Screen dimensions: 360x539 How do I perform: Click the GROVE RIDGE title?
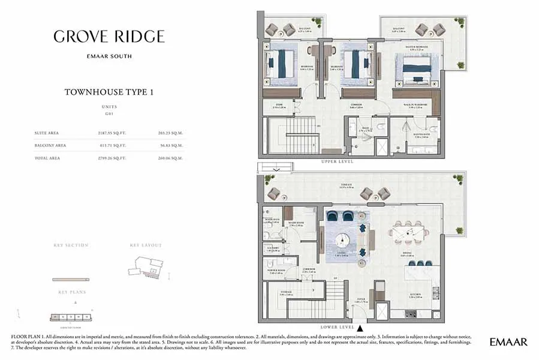tap(109, 36)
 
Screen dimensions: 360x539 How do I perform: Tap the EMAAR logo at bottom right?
tap(508, 342)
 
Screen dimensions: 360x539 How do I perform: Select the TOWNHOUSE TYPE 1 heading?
tap(109, 92)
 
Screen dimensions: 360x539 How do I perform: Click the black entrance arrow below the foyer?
tap(360, 328)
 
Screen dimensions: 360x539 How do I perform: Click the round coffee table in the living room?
tap(343, 240)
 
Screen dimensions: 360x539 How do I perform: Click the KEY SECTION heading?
tap(71, 245)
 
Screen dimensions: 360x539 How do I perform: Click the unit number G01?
tap(109, 113)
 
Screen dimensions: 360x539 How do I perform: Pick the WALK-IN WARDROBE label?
tap(415, 104)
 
